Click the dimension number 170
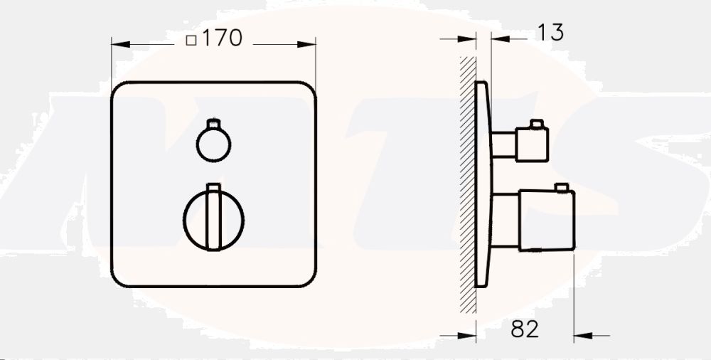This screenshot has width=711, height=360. [x=223, y=39]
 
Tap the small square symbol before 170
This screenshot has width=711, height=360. [x=191, y=41]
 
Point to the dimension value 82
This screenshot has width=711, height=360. [x=525, y=329]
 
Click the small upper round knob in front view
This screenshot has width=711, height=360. [x=213, y=145]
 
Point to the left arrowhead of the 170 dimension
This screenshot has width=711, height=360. [x=117, y=43]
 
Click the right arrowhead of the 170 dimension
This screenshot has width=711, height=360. [x=311, y=43]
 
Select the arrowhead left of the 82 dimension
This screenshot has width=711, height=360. [x=471, y=334]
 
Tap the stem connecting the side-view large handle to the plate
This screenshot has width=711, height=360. [x=506, y=221]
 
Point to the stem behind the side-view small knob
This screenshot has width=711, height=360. [x=506, y=144]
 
